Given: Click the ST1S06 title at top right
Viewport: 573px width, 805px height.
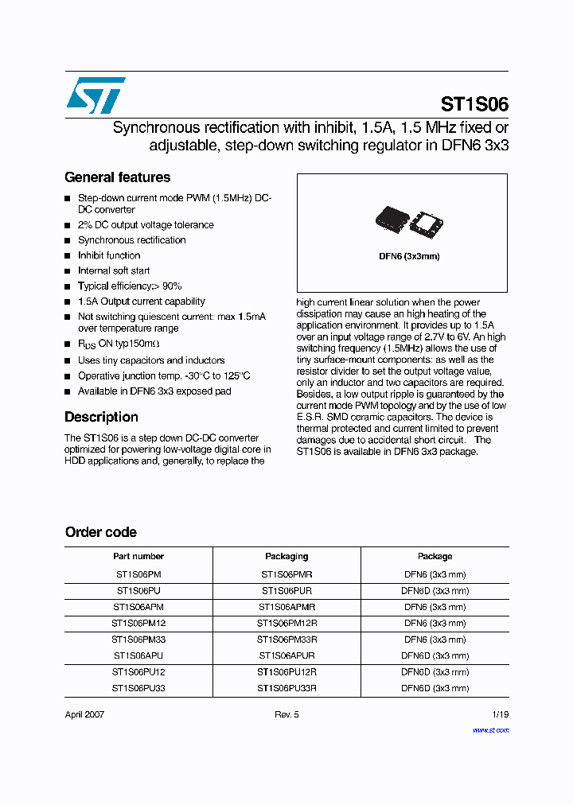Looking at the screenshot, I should (x=474, y=105).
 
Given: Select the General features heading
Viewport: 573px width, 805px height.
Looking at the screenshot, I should (x=117, y=177).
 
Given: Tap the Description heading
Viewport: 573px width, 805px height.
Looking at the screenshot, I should (x=101, y=417).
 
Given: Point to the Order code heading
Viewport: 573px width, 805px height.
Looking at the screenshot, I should (x=100, y=532).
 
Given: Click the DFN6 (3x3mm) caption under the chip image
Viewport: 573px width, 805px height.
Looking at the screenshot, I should (x=409, y=256).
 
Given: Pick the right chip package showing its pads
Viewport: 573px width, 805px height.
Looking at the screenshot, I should (x=427, y=223).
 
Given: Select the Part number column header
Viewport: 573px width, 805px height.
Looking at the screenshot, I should (x=138, y=556).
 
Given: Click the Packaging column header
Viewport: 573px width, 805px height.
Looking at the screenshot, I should (x=286, y=556).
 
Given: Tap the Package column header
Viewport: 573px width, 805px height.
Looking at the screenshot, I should (x=435, y=556).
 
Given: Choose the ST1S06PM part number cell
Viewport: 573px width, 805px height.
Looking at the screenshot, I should (x=138, y=574).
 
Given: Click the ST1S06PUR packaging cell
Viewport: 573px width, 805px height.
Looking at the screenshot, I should (x=286, y=590).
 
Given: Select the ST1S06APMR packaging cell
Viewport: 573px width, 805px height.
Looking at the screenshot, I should (x=286, y=607).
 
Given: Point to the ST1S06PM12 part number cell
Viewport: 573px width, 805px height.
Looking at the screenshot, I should (x=138, y=623).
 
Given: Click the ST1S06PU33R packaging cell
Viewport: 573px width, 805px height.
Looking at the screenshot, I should (x=286, y=688).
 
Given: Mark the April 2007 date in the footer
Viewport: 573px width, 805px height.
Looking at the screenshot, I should (x=84, y=714).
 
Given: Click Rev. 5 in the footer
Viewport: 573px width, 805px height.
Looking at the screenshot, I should (x=286, y=714).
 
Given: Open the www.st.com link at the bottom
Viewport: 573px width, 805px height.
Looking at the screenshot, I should (x=490, y=729).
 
